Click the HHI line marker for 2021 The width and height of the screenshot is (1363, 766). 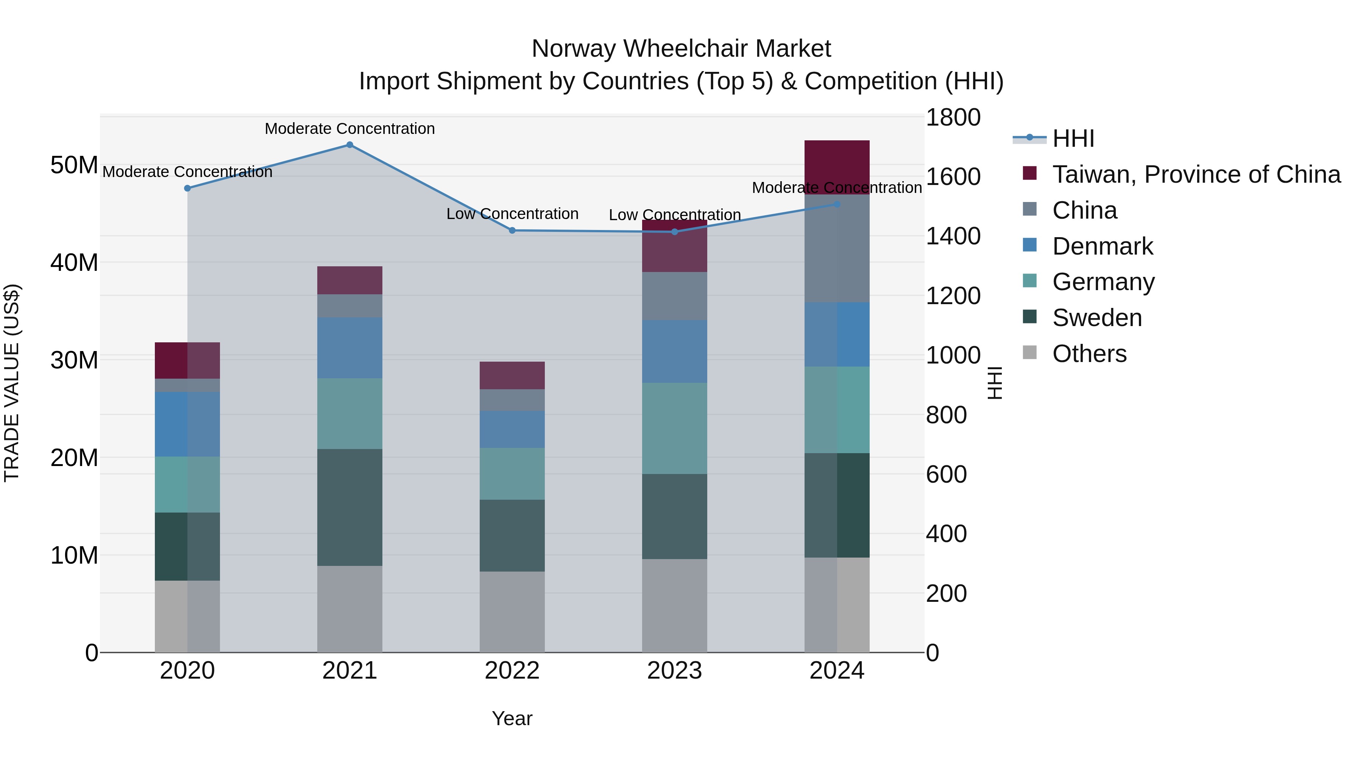coord(350,145)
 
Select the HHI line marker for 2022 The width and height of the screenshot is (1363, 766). coord(512,230)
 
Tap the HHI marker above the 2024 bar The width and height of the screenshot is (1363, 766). coord(837,204)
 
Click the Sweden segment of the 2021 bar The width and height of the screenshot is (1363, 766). coord(350,508)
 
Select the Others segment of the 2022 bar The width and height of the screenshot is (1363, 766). coord(512,612)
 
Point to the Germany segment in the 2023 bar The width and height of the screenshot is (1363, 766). coord(675,428)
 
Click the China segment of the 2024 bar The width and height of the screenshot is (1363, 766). coord(837,249)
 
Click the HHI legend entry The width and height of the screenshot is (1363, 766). coord(1073,138)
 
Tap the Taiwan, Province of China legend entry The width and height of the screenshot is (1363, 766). coord(1196,174)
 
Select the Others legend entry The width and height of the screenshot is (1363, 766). coord(1089,354)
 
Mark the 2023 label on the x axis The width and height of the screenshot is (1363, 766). coord(675,671)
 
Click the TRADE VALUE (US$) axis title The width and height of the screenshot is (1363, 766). coord(12,383)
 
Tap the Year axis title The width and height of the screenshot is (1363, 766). coord(512,718)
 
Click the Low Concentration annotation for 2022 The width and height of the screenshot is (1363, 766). coord(512,214)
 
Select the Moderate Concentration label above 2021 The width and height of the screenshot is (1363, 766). coord(350,129)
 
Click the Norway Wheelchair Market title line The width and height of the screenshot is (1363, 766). coord(681,49)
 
